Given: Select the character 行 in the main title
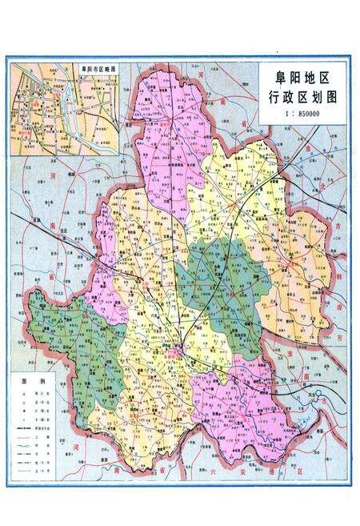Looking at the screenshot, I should pyautogui.click(x=274, y=98).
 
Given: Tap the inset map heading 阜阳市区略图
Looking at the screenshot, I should pyautogui.click(x=93, y=70).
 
